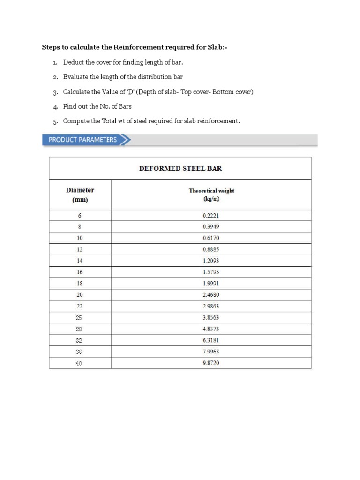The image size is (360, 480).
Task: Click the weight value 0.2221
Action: click(x=211, y=216)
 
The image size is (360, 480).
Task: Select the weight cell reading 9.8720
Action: click(x=211, y=363)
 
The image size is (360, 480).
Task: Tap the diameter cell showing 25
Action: click(x=80, y=317)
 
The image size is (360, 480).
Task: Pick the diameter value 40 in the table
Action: click(x=80, y=363)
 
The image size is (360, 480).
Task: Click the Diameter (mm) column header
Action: click(x=80, y=195)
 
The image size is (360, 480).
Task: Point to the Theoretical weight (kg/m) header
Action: click(x=211, y=195)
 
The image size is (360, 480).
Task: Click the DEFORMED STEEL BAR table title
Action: click(x=180, y=168)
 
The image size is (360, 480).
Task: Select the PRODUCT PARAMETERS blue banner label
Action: click(x=82, y=140)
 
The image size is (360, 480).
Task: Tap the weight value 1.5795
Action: click(x=211, y=272)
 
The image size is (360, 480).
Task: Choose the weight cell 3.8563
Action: click(x=211, y=317)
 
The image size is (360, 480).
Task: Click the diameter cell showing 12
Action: click(x=80, y=249)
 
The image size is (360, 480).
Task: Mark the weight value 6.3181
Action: click(x=211, y=340)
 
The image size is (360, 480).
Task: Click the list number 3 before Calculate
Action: click(x=55, y=92)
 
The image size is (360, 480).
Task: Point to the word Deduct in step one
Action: click(x=74, y=62)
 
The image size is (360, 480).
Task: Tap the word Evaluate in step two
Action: click(x=76, y=77)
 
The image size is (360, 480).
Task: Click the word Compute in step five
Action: click(x=76, y=121)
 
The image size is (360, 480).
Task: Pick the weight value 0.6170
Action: click(x=211, y=238)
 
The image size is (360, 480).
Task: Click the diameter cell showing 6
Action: click(x=80, y=216)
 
